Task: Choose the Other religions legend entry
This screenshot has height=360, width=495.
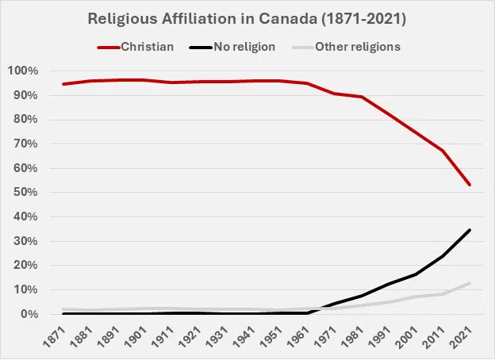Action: coord(357,46)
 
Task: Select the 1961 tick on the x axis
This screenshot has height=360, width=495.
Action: coord(302,337)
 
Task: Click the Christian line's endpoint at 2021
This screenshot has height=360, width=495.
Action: coord(470,185)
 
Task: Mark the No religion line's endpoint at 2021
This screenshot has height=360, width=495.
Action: coord(470,230)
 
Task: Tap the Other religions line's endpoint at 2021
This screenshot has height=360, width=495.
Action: coord(470,283)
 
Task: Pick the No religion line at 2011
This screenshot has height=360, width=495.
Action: coord(442,256)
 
